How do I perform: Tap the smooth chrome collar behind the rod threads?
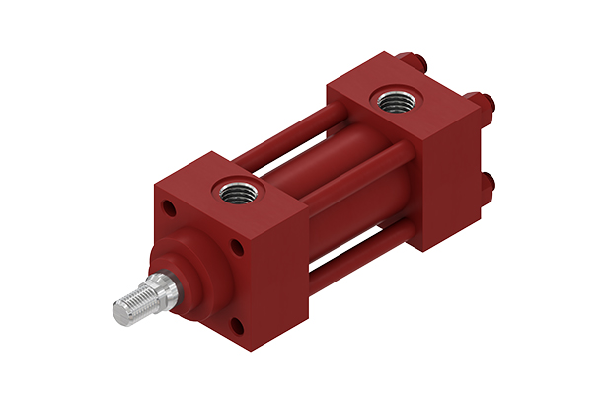pyautogui.click(x=163, y=288)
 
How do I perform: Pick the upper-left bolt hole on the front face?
pyautogui.click(x=171, y=210)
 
